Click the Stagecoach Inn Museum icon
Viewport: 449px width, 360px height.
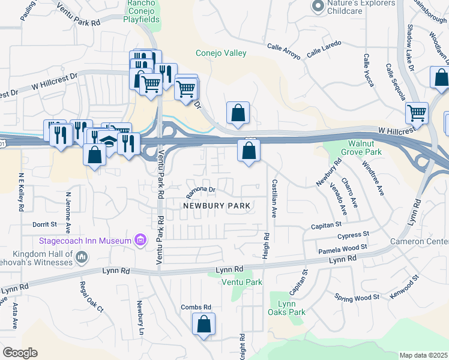[x=140, y=241]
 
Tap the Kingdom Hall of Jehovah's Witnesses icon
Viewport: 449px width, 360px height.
[x=82, y=257]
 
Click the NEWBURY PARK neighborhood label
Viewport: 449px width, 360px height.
[x=217, y=205]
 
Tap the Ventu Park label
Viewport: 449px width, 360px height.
[x=242, y=282]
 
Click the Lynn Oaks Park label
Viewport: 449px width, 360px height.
[x=288, y=308]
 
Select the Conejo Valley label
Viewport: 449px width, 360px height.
[x=221, y=53]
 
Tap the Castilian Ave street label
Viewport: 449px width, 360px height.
[x=274, y=198]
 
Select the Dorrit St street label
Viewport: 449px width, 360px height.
[x=44, y=224]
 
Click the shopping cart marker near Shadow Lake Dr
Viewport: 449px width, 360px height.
[x=417, y=113]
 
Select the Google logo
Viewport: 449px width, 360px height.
[x=20, y=353]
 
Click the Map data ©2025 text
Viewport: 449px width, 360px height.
[x=424, y=355]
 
